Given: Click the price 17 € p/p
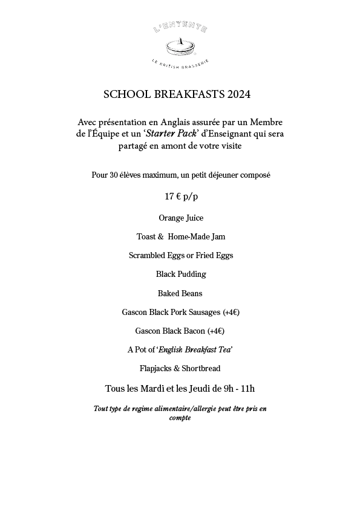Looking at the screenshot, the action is (x=180, y=196).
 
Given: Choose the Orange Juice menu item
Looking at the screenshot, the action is (x=180, y=218).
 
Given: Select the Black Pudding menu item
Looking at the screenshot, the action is (x=180, y=274).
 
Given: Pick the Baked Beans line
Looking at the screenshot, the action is (x=180, y=293).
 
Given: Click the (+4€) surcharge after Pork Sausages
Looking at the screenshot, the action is (x=230, y=312).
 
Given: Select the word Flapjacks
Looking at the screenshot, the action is (x=155, y=368).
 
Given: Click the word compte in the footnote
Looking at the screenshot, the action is (x=180, y=418).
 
